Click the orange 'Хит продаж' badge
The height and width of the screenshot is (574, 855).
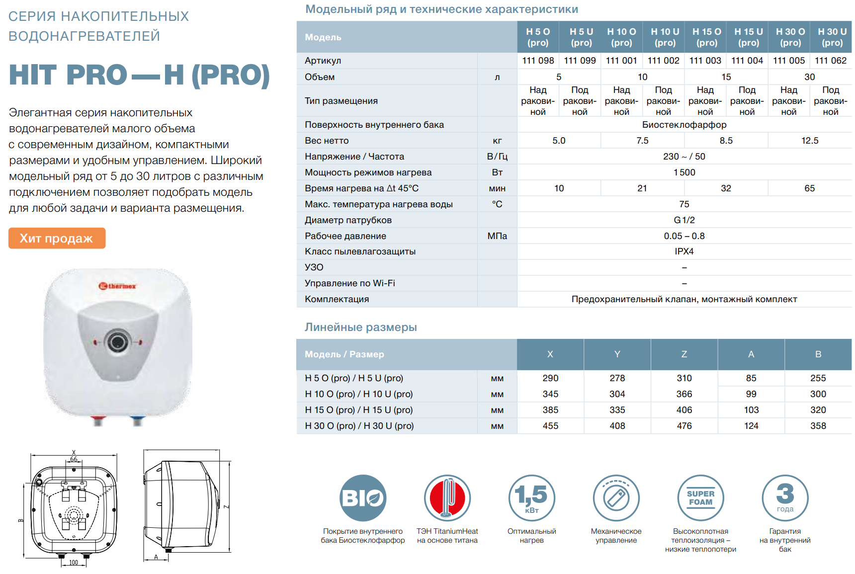click(x=57, y=239)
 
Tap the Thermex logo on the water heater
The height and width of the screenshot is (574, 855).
click(x=117, y=286)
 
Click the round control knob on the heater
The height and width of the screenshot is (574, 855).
click(x=118, y=342)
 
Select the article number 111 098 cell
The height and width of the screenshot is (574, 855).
click(x=538, y=61)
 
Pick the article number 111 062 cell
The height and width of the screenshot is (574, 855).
click(x=830, y=61)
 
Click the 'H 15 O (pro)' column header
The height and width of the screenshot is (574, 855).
click(x=706, y=37)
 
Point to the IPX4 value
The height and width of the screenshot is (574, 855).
click(x=684, y=251)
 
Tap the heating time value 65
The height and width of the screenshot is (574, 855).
click(x=809, y=188)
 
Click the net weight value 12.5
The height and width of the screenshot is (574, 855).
click(x=809, y=141)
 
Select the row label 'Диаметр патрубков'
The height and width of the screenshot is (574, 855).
click(x=348, y=220)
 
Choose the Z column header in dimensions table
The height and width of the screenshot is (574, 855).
click(x=684, y=354)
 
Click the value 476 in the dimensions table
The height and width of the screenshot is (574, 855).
click(x=684, y=426)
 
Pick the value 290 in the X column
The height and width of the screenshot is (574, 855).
click(x=550, y=378)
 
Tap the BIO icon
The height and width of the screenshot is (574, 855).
click(x=363, y=498)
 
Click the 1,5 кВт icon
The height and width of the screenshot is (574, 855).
click(x=531, y=498)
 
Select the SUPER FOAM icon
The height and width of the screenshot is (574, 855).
click(x=700, y=498)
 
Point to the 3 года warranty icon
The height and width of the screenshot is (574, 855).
click(x=785, y=498)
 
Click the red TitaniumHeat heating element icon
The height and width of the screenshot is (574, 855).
click(x=447, y=498)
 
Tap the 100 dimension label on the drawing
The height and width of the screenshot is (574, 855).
click(x=74, y=563)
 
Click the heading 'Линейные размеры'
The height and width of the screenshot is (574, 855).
click(x=360, y=328)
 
